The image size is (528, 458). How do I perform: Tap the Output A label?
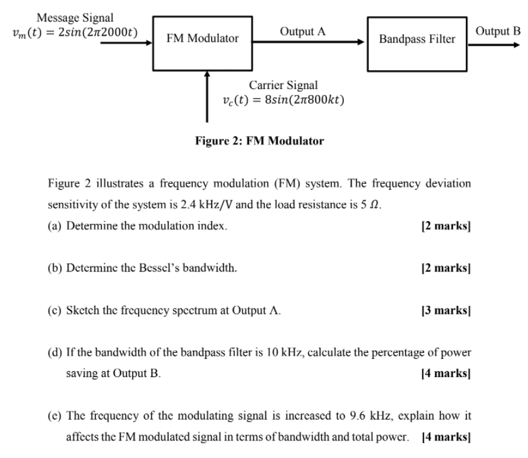[303, 31]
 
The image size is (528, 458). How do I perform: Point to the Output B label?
[498, 31]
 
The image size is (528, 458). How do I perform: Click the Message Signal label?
[75, 18]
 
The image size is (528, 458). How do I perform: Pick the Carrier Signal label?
[283, 85]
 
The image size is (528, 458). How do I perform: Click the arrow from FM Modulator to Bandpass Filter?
[308, 42]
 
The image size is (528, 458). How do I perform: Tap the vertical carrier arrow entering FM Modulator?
[207, 96]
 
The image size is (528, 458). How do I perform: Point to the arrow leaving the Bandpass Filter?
[494, 44]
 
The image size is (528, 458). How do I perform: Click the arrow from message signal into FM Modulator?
[126, 42]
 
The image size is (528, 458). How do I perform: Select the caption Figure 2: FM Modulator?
[260, 141]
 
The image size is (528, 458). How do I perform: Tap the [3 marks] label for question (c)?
[446, 310]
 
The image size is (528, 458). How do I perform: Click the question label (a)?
[55, 226]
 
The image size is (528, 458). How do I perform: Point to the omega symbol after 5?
[374, 205]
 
